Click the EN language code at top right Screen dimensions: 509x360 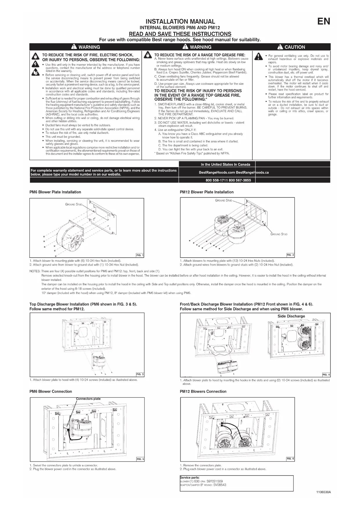click(x=323, y=21)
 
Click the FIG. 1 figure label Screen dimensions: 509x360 click(x=140, y=255)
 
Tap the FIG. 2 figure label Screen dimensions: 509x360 click(x=290, y=255)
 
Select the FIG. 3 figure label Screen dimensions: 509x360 click(x=140, y=374)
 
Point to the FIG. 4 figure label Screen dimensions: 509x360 click(x=326, y=375)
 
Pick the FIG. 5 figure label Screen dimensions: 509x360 click(x=140, y=459)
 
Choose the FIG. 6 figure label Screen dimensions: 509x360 click(x=290, y=459)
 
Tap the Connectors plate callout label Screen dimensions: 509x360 click(x=88, y=399)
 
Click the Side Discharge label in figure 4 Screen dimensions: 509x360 click(x=291, y=316)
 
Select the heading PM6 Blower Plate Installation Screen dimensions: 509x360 click(x=55, y=192)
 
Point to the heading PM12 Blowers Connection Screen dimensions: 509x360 click(x=203, y=391)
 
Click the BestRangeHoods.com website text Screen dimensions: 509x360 click(x=217, y=172)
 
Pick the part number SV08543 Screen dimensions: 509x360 click(x=220, y=485)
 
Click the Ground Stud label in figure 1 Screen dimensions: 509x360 click(x=74, y=204)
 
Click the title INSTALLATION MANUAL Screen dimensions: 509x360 click(x=180, y=21)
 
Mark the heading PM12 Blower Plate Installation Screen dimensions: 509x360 click(x=207, y=192)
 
